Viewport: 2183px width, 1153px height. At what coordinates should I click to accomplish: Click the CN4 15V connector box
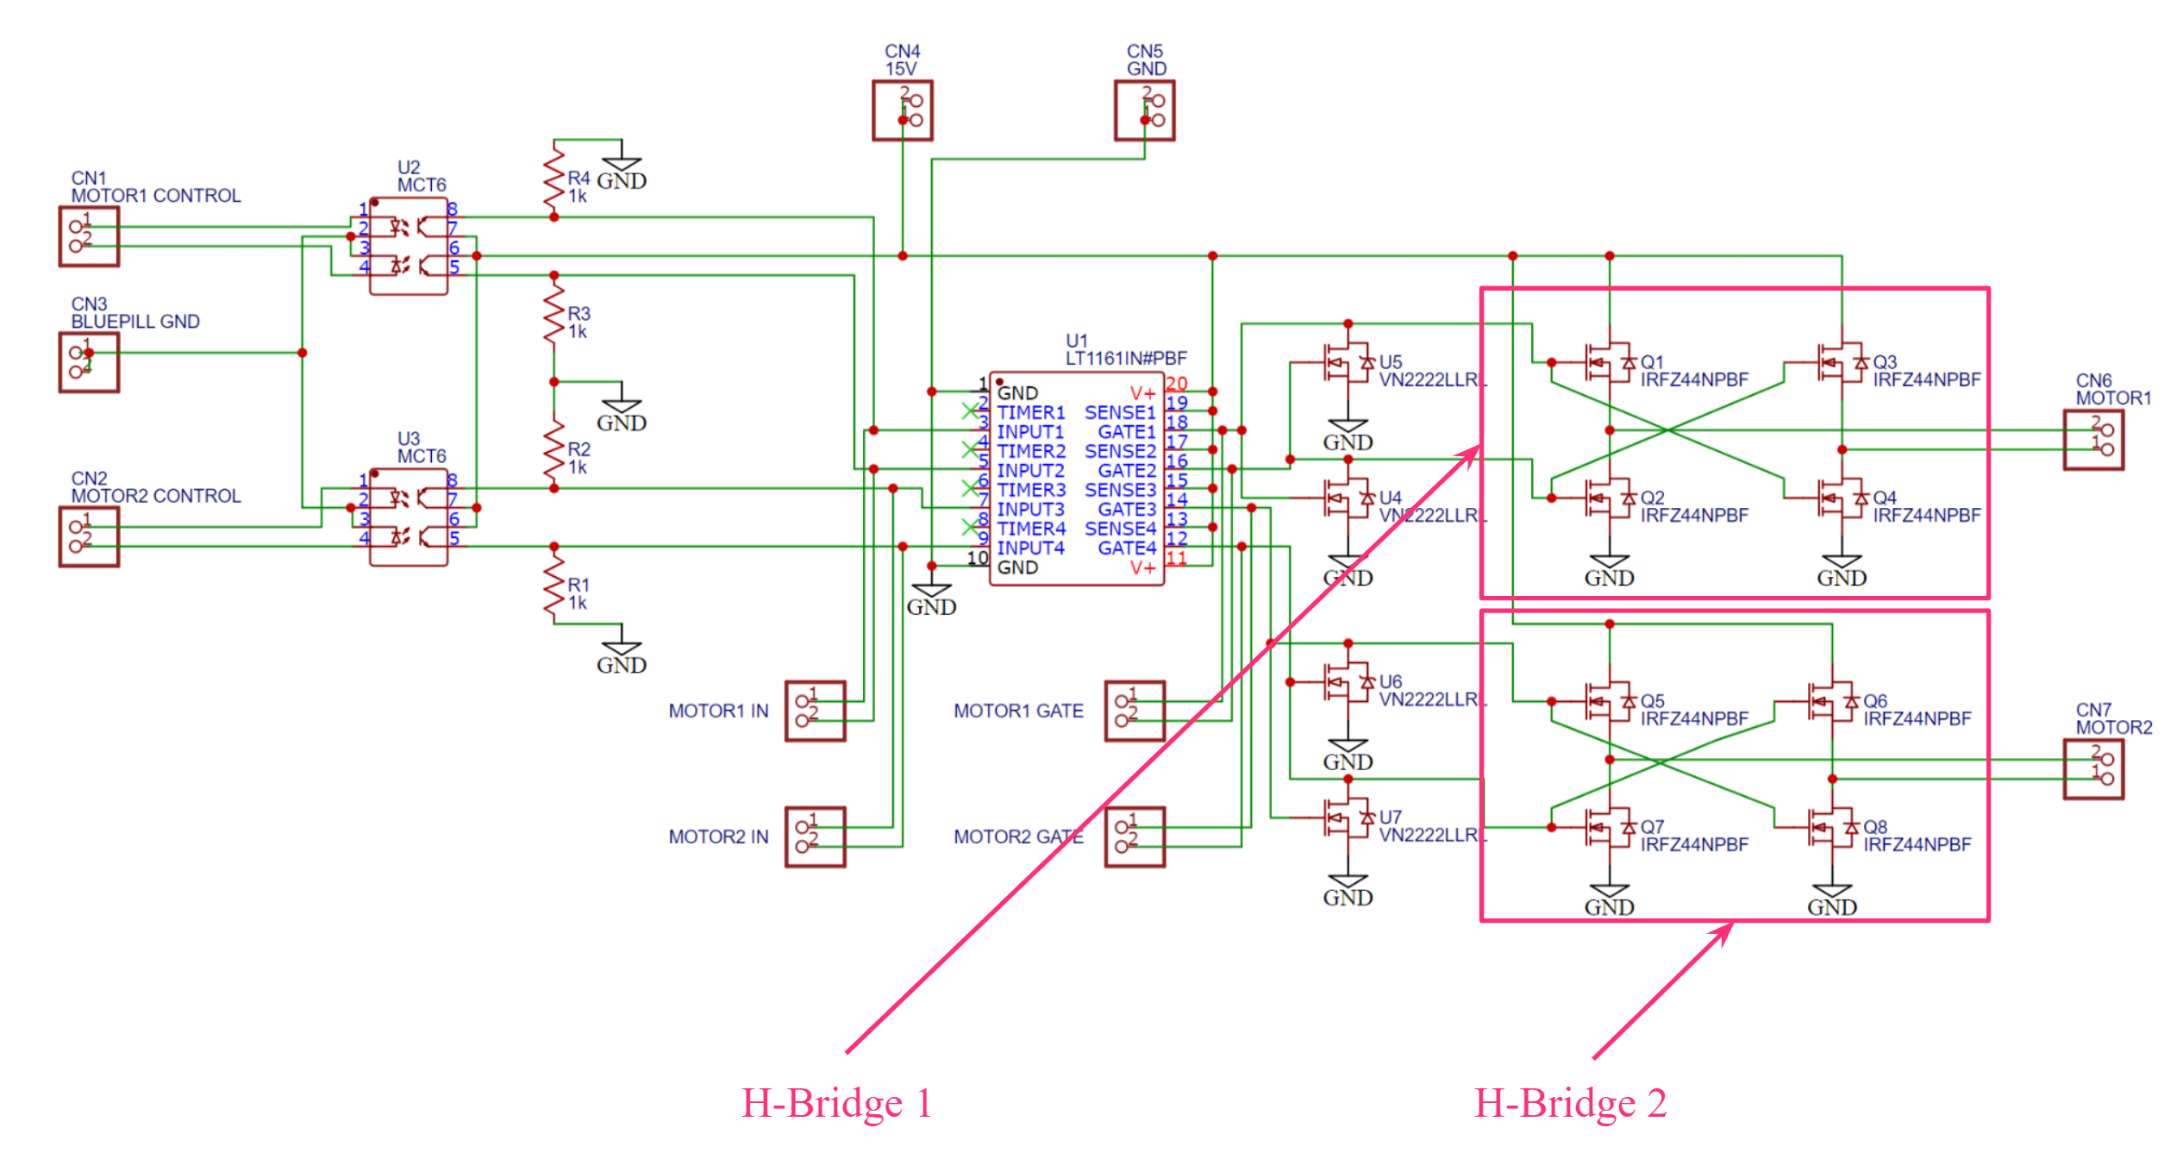tap(902, 110)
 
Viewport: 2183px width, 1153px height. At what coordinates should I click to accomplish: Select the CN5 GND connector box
tap(1144, 110)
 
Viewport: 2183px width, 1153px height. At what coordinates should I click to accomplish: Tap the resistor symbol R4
tap(554, 178)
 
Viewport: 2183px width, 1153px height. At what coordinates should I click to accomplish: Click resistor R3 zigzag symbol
tap(554, 312)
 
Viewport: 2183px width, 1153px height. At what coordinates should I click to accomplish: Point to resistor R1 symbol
tap(554, 586)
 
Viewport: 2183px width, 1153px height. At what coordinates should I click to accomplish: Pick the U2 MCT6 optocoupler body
tap(409, 247)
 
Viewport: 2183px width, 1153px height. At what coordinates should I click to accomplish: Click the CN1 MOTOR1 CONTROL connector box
tap(89, 236)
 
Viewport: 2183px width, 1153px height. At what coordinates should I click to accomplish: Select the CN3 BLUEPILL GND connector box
tap(89, 362)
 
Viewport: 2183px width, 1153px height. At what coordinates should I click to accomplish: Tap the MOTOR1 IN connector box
tap(815, 711)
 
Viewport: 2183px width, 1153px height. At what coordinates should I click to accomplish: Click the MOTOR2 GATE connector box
tap(1135, 837)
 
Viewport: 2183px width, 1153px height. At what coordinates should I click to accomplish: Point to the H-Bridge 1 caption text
tap(836, 1103)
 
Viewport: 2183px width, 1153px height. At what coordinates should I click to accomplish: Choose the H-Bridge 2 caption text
tap(1570, 1103)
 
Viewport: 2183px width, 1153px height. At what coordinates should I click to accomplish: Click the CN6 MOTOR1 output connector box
tap(2093, 440)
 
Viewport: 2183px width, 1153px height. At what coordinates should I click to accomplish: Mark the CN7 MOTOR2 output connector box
tap(2093, 769)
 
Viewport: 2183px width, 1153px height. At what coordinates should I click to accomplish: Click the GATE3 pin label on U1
tap(1127, 509)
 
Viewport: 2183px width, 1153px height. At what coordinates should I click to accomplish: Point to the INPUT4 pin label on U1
tap(1030, 548)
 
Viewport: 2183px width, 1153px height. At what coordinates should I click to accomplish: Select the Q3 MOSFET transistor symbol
tap(1839, 363)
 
